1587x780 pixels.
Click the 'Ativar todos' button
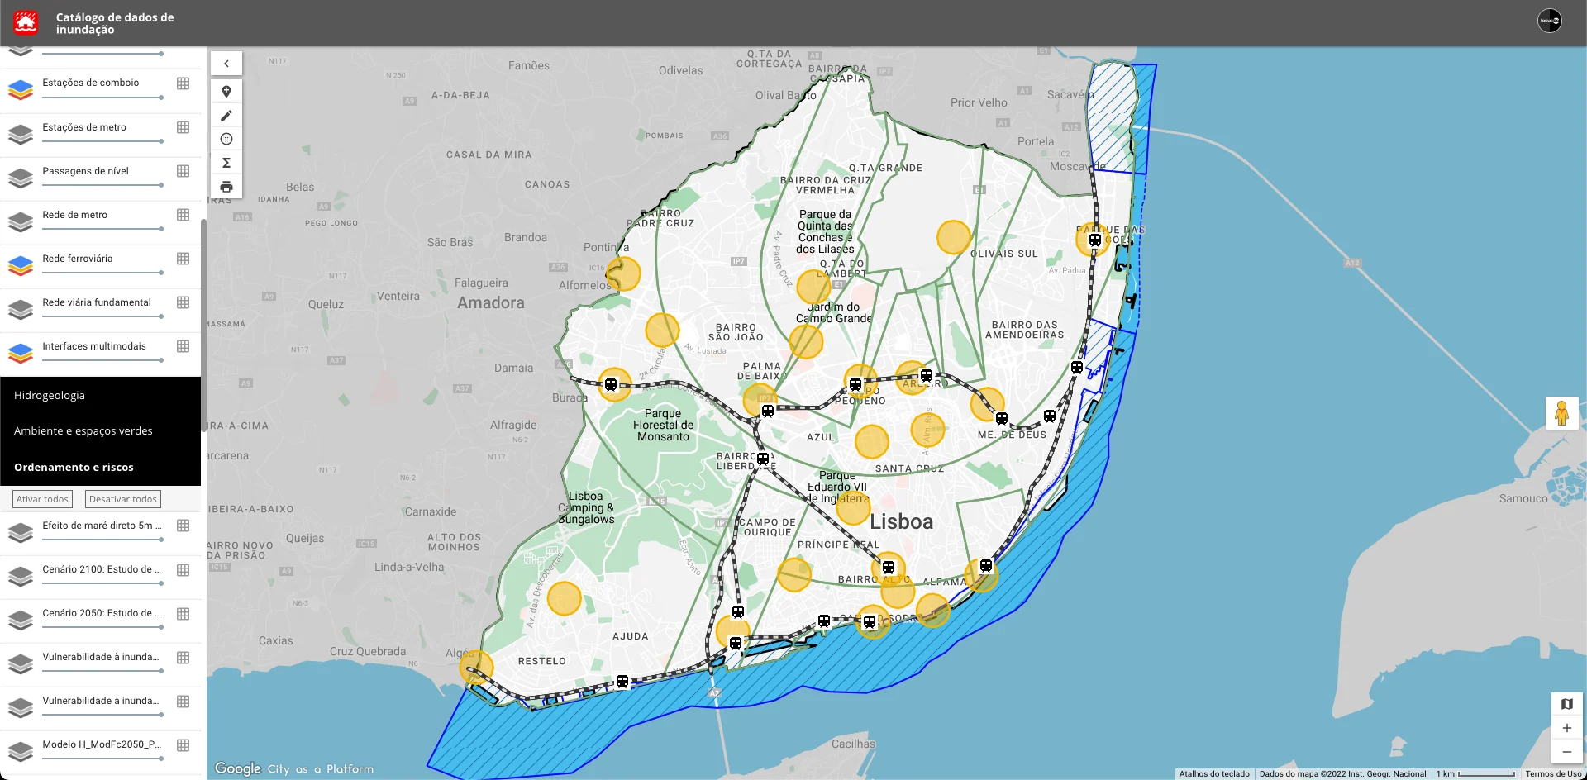tap(43, 499)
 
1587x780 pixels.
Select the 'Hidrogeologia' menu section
tap(50, 396)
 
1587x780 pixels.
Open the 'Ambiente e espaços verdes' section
tap(83, 431)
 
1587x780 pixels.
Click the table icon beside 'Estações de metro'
tap(183, 127)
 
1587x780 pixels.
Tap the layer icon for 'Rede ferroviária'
tap(21, 265)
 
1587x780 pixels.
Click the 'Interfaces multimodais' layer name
tap(94, 346)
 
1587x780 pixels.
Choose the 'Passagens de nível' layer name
tap(86, 171)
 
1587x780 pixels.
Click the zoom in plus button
tap(1566, 728)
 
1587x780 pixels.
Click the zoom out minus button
tap(1566, 752)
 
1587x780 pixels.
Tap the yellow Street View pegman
tap(1561, 413)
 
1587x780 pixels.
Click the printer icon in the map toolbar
tap(226, 187)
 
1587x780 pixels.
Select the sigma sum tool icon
tap(226, 163)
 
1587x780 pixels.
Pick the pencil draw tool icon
tap(226, 116)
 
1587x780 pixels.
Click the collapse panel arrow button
tap(226, 64)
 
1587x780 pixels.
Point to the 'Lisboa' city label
tap(901, 522)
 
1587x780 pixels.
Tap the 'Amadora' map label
tap(491, 303)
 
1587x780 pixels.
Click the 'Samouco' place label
tap(1523, 499)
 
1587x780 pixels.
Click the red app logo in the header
tap(26, 22)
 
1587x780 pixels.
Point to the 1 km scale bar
tap(1486, 774)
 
